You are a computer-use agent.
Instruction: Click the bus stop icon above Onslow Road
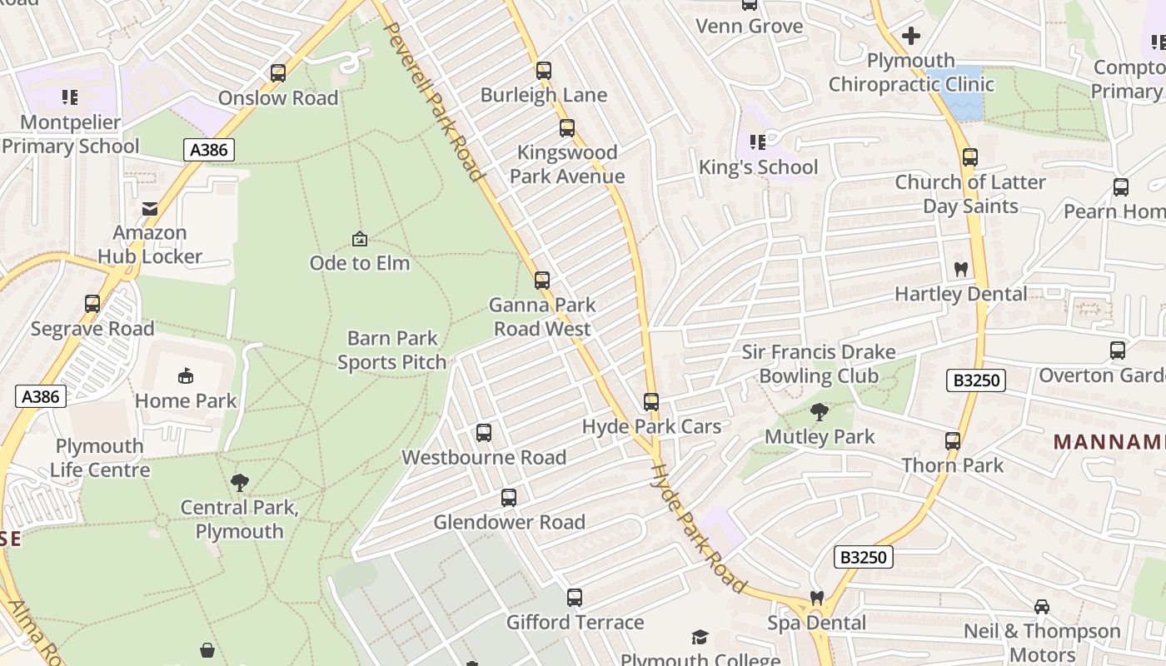coord(278,73)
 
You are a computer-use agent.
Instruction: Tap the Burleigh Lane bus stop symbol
coord(544,71)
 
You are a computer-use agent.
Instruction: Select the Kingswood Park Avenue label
coord(567,164)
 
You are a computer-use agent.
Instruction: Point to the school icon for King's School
coord(757,142)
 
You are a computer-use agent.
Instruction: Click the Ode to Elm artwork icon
coord(360,239)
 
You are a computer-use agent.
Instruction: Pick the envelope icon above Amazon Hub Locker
coord(150,208)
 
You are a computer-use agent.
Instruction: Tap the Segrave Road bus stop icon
coord(92,304)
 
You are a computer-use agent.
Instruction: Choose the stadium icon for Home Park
coord(186,376)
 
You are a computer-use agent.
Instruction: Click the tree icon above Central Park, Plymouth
coord(240,482)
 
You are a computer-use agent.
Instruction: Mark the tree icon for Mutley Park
coord(820,411)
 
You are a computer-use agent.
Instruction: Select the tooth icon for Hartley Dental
coord(960,270)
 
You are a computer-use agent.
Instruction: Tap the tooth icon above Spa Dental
coord(817,599)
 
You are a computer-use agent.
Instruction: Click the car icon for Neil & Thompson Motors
coord(1041,606)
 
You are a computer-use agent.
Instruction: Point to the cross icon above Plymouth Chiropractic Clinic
coord(911,36)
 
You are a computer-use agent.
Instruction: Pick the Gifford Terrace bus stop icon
coord(575,598)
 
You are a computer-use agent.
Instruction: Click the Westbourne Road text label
coord(484,457)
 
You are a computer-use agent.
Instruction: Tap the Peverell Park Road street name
coord(433,100)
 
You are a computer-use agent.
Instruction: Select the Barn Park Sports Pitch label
coord(392,350)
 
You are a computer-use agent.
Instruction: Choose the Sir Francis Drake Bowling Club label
coord(819,364)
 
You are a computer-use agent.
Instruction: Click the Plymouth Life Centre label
coord(100,458)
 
